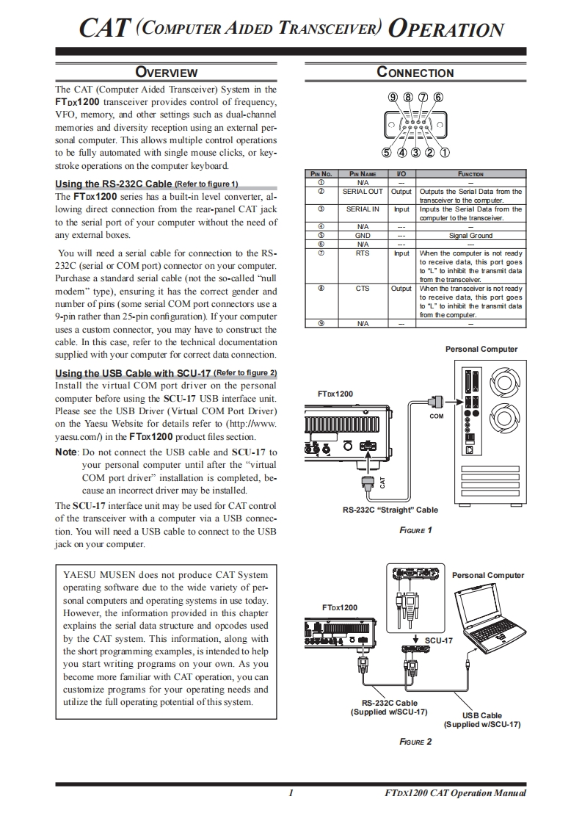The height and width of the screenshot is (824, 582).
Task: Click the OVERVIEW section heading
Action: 167,72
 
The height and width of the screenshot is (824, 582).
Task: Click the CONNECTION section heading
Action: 415,72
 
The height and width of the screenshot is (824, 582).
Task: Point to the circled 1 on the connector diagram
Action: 445,153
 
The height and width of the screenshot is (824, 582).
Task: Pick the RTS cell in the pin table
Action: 363,253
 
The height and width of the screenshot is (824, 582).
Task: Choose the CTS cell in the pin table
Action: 363,289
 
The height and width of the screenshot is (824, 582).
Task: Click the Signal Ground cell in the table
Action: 470,236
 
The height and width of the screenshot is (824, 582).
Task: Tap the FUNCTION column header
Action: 470,174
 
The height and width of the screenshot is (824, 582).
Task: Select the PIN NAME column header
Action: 363,174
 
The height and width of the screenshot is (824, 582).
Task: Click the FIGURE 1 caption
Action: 415,530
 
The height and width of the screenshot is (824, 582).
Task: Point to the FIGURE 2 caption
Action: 415,742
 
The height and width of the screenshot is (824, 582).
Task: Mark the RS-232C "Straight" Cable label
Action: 390,510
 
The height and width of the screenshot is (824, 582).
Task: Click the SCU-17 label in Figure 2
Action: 439,640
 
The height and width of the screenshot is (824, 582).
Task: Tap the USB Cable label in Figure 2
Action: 482,715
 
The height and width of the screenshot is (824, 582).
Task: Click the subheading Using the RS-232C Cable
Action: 114,184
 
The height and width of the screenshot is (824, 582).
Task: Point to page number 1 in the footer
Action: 291,793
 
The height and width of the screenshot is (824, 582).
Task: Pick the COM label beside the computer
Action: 437,416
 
